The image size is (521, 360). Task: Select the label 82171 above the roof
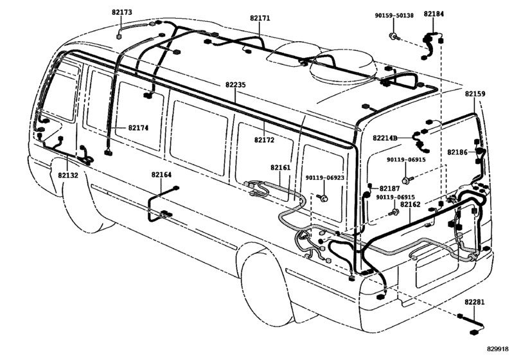point(260,19)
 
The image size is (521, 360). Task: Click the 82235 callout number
point(236,84)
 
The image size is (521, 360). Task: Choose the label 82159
point(475,94)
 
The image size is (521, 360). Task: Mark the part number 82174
point(137,128)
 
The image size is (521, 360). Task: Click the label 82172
point(265,139)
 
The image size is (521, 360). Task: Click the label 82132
point(68,174)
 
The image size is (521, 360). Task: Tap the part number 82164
point(161,174)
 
